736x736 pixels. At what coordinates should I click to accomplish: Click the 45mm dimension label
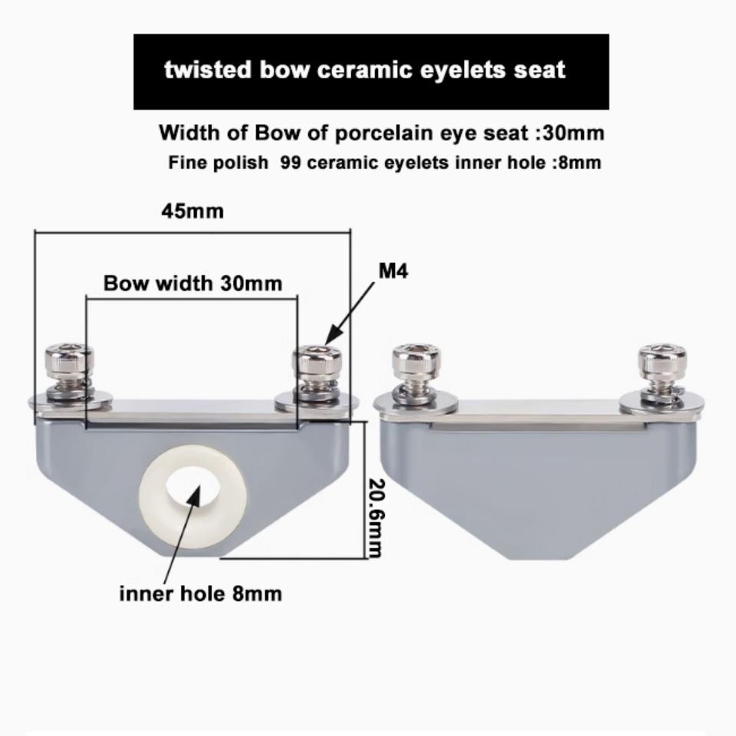tap(192, 211)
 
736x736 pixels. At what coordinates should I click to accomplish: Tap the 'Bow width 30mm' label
tap(192, 283)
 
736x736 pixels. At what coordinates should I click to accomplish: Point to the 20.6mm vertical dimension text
tap(374, 518)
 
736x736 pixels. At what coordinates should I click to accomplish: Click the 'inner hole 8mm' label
tap(200, 593)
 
